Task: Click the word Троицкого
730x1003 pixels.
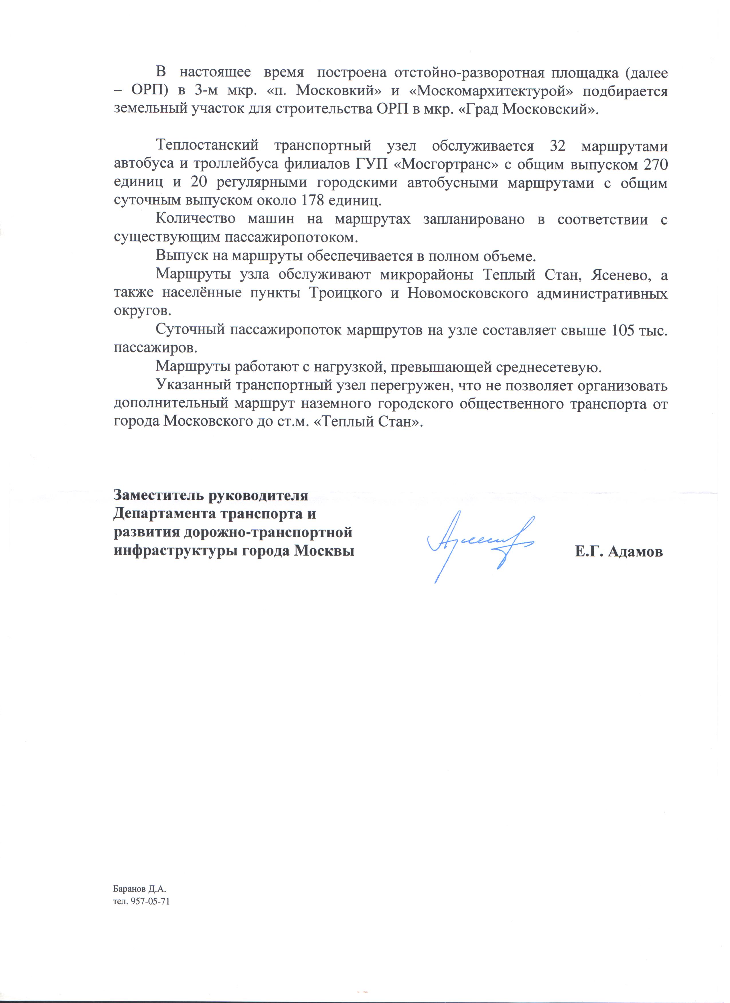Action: tap(345, 294)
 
